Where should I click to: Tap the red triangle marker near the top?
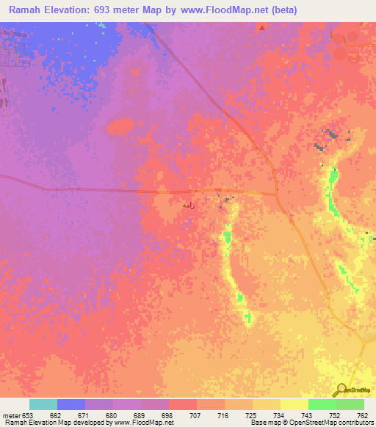(x=262, y=28)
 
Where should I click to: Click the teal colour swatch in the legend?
(x=43, y=404)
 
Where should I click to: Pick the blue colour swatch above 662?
(x=71, y=404)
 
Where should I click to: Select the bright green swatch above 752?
(x=322, y=404)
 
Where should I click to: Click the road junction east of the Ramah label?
(x=277, y=194)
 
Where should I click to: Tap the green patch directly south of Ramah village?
(x=227, y=236)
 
